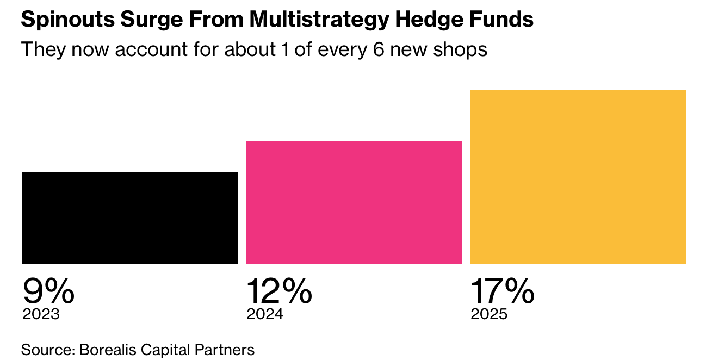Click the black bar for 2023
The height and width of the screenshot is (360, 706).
point(130,218)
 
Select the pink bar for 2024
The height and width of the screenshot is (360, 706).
point(354,202)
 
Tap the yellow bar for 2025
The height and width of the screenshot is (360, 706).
point(578,177)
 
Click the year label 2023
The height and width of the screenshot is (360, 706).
point(41,314)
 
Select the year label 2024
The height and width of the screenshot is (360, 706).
point(265,314)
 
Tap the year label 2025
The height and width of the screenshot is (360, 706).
point(489,314)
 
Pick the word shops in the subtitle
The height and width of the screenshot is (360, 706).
point(462,49)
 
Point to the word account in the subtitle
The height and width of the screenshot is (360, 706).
point(146,49)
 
